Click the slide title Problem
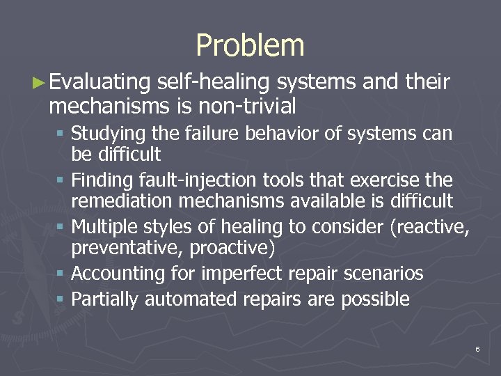(x=250, y=46)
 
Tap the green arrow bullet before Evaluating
(x=40, y=83)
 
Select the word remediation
(x=125, y=201)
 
